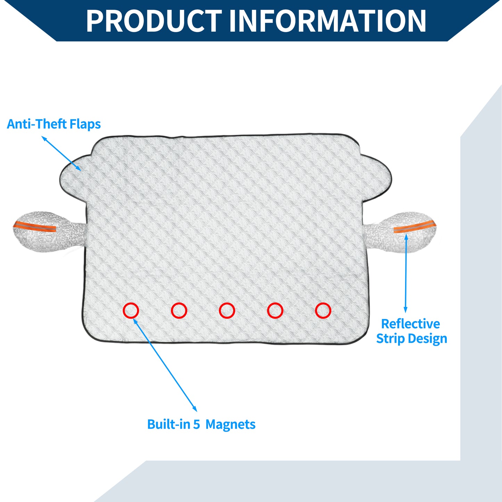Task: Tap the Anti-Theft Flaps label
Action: [54, 124]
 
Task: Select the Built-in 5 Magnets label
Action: [201, 425]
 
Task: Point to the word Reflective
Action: [411, 324]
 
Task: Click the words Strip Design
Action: [412, 339]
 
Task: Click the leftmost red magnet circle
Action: [131, 311]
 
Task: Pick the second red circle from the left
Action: [179, 311]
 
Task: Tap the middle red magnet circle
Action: [227, 311]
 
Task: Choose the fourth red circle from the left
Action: [275, 311]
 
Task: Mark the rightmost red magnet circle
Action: [323, 311]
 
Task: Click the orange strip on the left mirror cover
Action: [35, 227]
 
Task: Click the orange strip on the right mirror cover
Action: [415, 227]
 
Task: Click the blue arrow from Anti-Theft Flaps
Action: [61, 154]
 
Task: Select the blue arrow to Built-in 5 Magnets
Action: [165, 365]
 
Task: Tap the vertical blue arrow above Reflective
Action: [406, 273]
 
